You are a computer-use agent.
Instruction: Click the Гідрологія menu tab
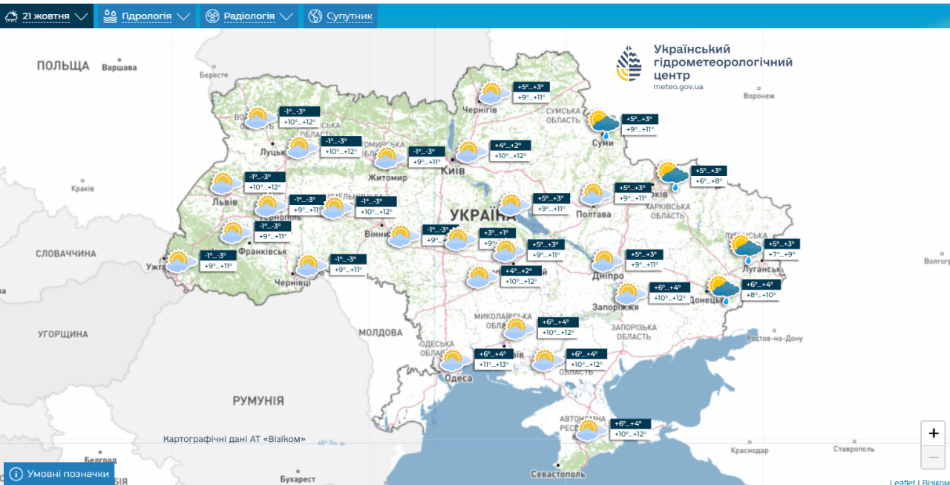tap(146, 16)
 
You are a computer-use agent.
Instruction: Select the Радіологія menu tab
tap(249, 16)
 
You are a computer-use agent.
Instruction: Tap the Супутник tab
tap(341, 16)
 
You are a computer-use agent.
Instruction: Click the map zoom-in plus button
tap(933, 433)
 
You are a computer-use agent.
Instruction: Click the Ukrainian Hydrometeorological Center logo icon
tap(629, 63)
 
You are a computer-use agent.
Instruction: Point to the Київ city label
tap(453, 171)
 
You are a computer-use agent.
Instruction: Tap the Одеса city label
tap(459, 378)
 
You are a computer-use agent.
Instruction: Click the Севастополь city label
tap(557, 474)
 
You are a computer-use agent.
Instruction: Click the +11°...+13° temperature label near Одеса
tap(494, 365)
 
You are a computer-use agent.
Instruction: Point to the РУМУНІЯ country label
tap(258, 401)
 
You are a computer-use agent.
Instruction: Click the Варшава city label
tap(119, 68)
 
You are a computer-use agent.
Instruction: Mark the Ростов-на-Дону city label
tap(774, 339)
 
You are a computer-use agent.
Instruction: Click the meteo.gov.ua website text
tap(678, 87)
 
